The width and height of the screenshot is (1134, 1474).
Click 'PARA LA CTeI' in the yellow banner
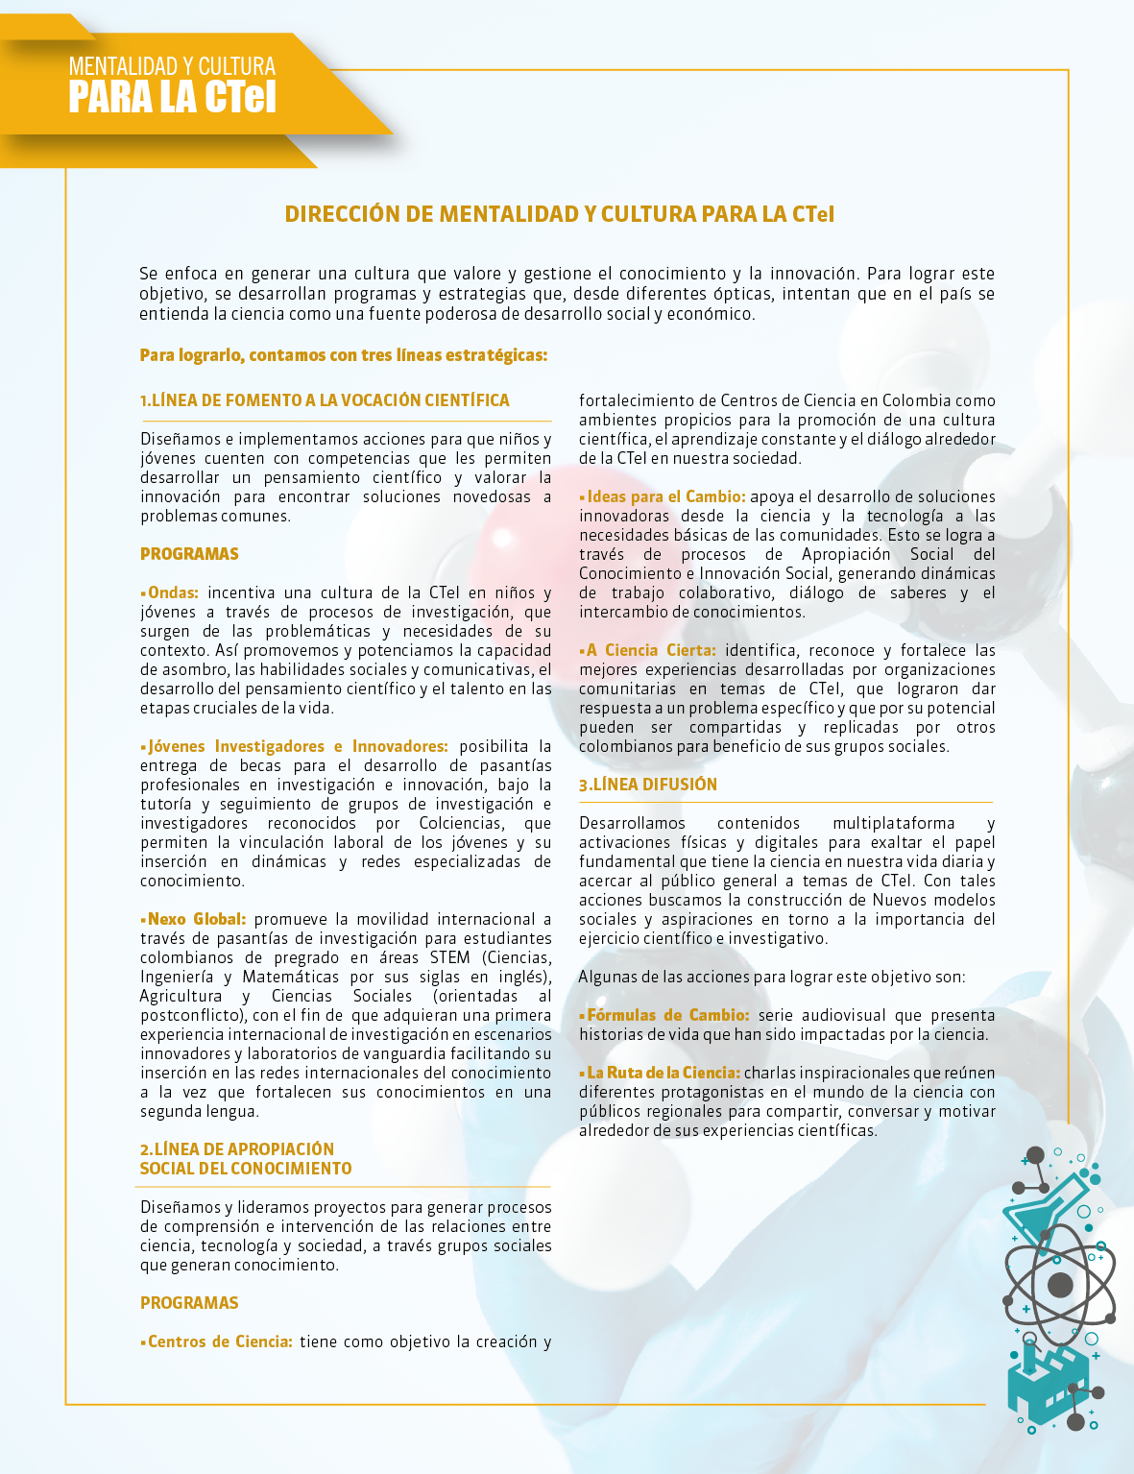pos(172,98)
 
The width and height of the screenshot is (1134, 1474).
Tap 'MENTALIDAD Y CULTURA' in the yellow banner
pos(172,66)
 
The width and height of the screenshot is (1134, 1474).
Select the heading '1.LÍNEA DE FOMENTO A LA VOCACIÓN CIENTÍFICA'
pos(325,400)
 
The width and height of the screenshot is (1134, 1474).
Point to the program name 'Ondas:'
pos(173,592)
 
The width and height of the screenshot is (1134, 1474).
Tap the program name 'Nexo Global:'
pos(196,919)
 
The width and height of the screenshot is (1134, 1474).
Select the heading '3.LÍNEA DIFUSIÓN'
pos(648,785)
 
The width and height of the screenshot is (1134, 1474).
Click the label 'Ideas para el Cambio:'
pos(665,496)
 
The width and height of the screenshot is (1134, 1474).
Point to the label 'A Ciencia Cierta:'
pos(650,650)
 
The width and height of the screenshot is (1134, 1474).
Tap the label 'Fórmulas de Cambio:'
pos(667,1015)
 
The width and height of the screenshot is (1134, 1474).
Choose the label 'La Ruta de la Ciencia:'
pos(663,1073)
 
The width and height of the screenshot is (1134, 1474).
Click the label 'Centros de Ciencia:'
pos(220,1341)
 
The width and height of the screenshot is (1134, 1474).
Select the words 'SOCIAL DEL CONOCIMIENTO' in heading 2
pos(246,1169)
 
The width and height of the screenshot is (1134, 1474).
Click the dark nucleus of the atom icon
pos(1060,1285)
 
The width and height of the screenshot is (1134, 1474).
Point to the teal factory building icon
pos(1047,1383)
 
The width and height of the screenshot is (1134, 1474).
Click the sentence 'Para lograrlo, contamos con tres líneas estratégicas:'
pos(344,355)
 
